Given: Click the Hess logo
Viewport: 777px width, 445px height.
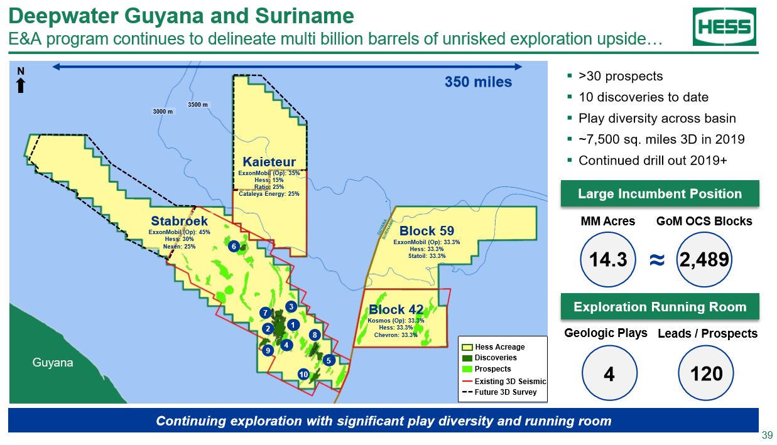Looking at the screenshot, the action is point(724,27).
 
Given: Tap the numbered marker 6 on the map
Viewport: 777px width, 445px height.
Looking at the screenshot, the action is point(234,247).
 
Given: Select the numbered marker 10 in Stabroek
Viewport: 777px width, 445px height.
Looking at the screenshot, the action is point(303,374).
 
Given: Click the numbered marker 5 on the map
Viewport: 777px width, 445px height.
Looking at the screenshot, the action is point(329,360).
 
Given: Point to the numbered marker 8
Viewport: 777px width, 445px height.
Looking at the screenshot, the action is point(315,335).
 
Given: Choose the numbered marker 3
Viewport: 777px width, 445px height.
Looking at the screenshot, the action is point(291,306).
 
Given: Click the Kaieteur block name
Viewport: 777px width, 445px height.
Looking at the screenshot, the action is point(269,162).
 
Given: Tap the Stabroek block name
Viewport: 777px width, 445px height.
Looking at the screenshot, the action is point(180,221).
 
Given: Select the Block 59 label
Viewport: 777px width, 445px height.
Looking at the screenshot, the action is point(427,231).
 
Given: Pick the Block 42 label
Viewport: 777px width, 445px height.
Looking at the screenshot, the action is point(396,309).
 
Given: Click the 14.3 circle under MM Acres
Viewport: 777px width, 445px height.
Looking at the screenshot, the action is point(608,260).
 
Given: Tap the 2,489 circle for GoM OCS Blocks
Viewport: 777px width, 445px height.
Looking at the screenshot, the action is point(704,260).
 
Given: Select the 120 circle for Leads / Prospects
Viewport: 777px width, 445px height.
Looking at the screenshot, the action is point(706,373).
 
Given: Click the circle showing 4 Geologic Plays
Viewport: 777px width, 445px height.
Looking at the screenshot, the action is point(609,373).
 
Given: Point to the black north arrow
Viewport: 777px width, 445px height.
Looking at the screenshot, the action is point(21,85).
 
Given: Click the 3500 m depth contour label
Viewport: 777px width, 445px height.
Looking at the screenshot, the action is point(198,105).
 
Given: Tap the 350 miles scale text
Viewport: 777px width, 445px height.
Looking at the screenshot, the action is point(479,82).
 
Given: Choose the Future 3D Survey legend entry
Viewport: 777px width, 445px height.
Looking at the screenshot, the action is point(499,392).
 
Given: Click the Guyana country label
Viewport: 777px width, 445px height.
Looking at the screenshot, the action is point(53,363).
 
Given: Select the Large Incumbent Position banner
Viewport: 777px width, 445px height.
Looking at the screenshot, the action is point(660,193).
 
